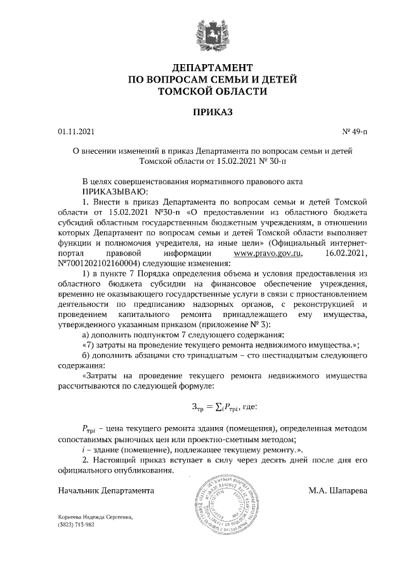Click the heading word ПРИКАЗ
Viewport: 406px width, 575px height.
(203, 112)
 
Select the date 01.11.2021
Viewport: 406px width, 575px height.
(75, 132)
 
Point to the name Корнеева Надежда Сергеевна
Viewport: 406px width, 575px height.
(95, 518)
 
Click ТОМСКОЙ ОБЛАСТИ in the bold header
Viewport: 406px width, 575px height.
(203, 91)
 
